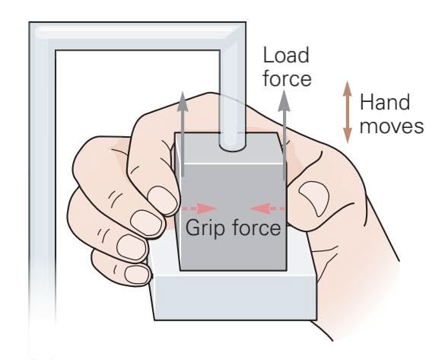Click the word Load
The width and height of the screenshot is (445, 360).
[x=286, y=56]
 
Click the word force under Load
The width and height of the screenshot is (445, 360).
[x=287, y=78]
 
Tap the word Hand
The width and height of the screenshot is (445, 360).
[x=385, y=102]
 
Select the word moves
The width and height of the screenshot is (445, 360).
[x=392, y=126]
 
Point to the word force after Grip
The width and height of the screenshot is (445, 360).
[x=256, y=227]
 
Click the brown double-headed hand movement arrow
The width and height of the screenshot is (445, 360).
[x=348, y=112]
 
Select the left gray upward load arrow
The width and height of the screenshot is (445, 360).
[x=183, y=134]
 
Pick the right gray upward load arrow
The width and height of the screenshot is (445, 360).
[x=284, y=135]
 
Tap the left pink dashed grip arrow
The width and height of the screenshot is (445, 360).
[x=199, y=209]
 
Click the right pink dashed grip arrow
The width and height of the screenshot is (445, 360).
[x=267, y=209]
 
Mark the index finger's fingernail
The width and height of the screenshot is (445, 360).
[x=163, y=200]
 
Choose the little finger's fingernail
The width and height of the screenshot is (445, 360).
[x=137, y=274]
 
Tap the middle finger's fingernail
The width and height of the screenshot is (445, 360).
[x=147, y=223]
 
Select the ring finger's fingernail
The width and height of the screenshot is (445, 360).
[x=132, y=247]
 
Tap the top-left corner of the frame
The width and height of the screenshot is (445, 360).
[x=29, y=22]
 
